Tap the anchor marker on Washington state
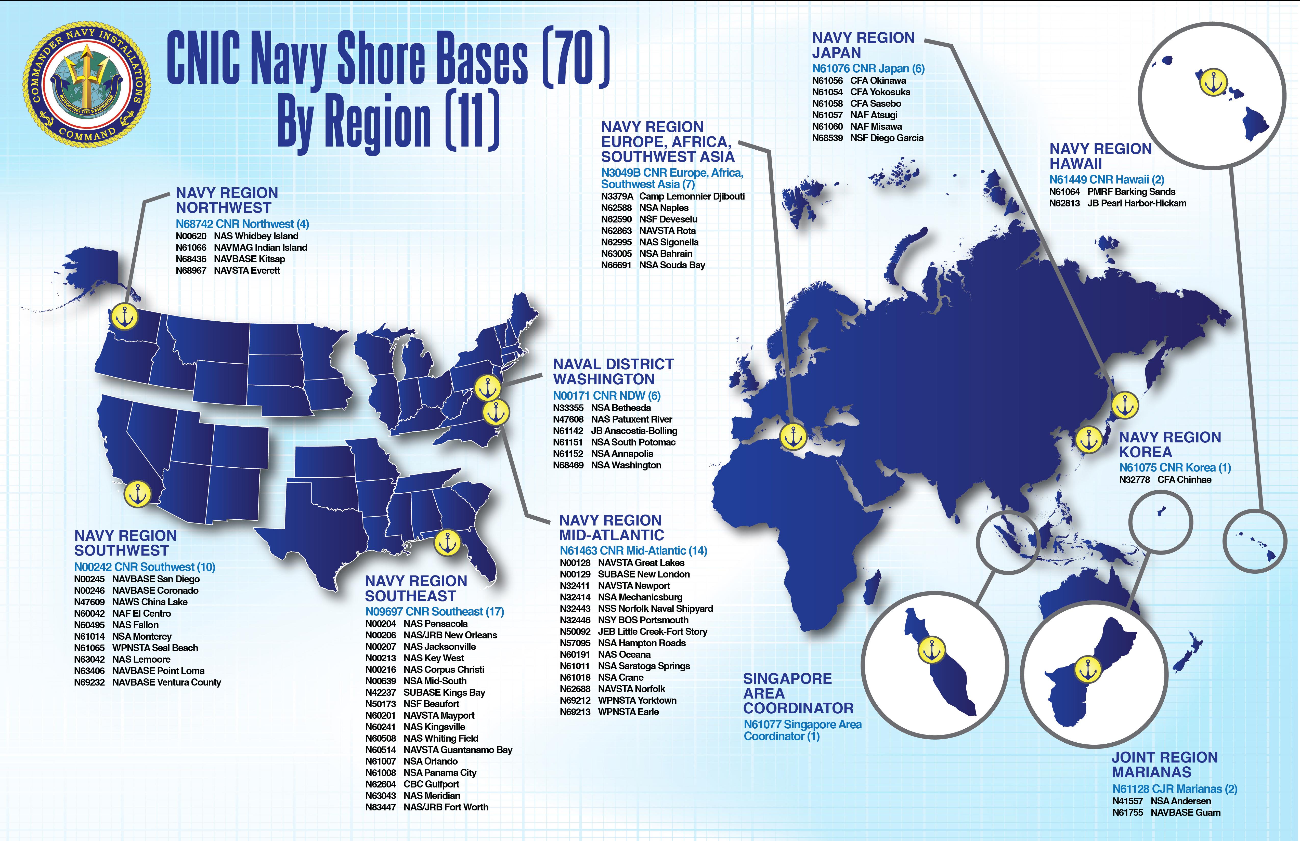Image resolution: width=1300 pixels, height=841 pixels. tap(125, 317)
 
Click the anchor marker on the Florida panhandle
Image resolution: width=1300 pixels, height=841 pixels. tap(447, 543)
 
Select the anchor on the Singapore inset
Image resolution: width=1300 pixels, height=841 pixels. tap(932, 650)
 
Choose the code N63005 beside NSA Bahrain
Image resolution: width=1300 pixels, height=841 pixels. tap(616, 253)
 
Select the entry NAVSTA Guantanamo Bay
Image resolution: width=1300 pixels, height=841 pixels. tap(458, 750)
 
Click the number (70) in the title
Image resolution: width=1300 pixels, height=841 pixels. tap(575, 59)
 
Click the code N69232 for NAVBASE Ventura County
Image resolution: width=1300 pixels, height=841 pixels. tap(89, 682)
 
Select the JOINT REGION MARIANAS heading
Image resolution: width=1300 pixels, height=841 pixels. tap(1165, 765)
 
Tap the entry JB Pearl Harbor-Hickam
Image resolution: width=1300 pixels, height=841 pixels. tap(1137, 203)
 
